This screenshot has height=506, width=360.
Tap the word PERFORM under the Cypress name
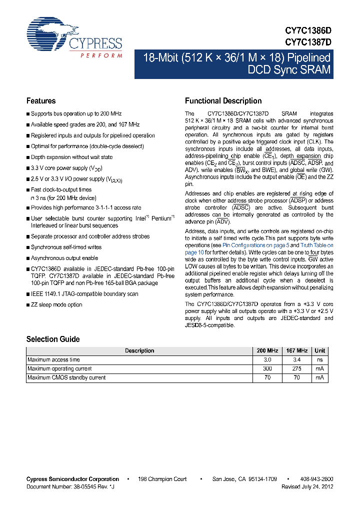(x=101, y=55)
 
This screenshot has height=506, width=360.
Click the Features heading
(x=41, y=100)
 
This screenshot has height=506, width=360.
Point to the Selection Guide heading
(x=53, y=339)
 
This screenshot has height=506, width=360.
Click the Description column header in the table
(x=139, y=350)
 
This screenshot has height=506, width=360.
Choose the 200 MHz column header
(x=267, y=350)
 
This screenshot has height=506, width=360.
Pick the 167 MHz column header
(x=297, y=350)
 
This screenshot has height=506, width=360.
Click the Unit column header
(x=320, y=350)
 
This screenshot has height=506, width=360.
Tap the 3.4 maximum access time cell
(x=297, y=359)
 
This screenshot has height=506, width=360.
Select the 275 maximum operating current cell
(x=297, y=368)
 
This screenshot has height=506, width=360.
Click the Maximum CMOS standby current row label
(x=66, y=377)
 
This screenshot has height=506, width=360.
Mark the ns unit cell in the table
(x=320, y=359)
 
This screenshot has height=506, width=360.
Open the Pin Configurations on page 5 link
(x=255, y=245)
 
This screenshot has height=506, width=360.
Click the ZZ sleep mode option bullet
(x=56, y=304)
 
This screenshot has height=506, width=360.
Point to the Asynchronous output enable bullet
(x=64, y=258)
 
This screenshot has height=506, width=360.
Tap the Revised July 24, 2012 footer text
(x=307, y=486)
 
